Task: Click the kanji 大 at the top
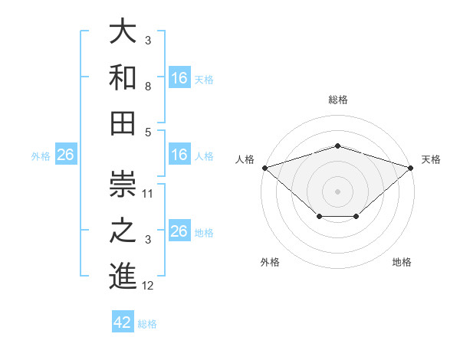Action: [123, 31]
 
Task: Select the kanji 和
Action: [123, 77]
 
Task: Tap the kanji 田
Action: [123, 123]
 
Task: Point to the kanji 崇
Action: [123, 184]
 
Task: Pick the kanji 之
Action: [123, 230]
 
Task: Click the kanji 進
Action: [123, 276]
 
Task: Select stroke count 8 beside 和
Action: [148, 87]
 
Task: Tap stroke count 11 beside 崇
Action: [147, 194]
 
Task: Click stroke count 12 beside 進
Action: [147, 286]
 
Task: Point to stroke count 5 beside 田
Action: [148, 133]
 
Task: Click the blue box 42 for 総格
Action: [123, 321]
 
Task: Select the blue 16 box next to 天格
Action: [179, 77]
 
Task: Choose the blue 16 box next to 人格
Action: [179, 154]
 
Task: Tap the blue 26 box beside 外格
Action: [66, 154]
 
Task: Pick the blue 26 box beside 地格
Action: [179, 230]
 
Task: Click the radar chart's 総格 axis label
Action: [338, 100]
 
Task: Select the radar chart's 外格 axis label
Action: [270, 262]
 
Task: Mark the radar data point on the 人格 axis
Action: [265, 168]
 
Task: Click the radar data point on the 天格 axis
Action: [411, 168]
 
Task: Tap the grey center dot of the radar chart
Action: [337, 191]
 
